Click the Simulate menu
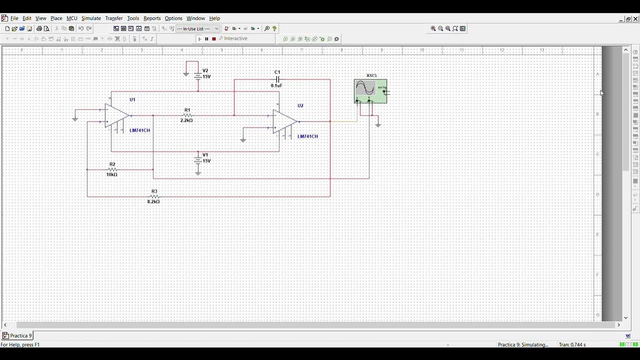[x=91, y=18]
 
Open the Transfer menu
[x=113, y=18]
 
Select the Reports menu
[x=152, y=18]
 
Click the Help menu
[x=214, y=18]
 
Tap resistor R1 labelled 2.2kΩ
[x=187, y=115]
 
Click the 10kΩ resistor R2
[x=112, y=169]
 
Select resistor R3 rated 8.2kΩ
[x=154, y=196]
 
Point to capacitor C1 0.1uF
[x=277, y=79]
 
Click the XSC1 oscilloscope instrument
[x=370, y=91]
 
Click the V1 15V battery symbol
[x=198, y=159]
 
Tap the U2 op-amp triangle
[x=284, y=121]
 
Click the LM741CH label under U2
[x=307, y=136]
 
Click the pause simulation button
[x=206, y=39]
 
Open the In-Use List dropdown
[x=198, y=29]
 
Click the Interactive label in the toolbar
[x=235, y=39]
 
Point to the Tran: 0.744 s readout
[x=572, y=345]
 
